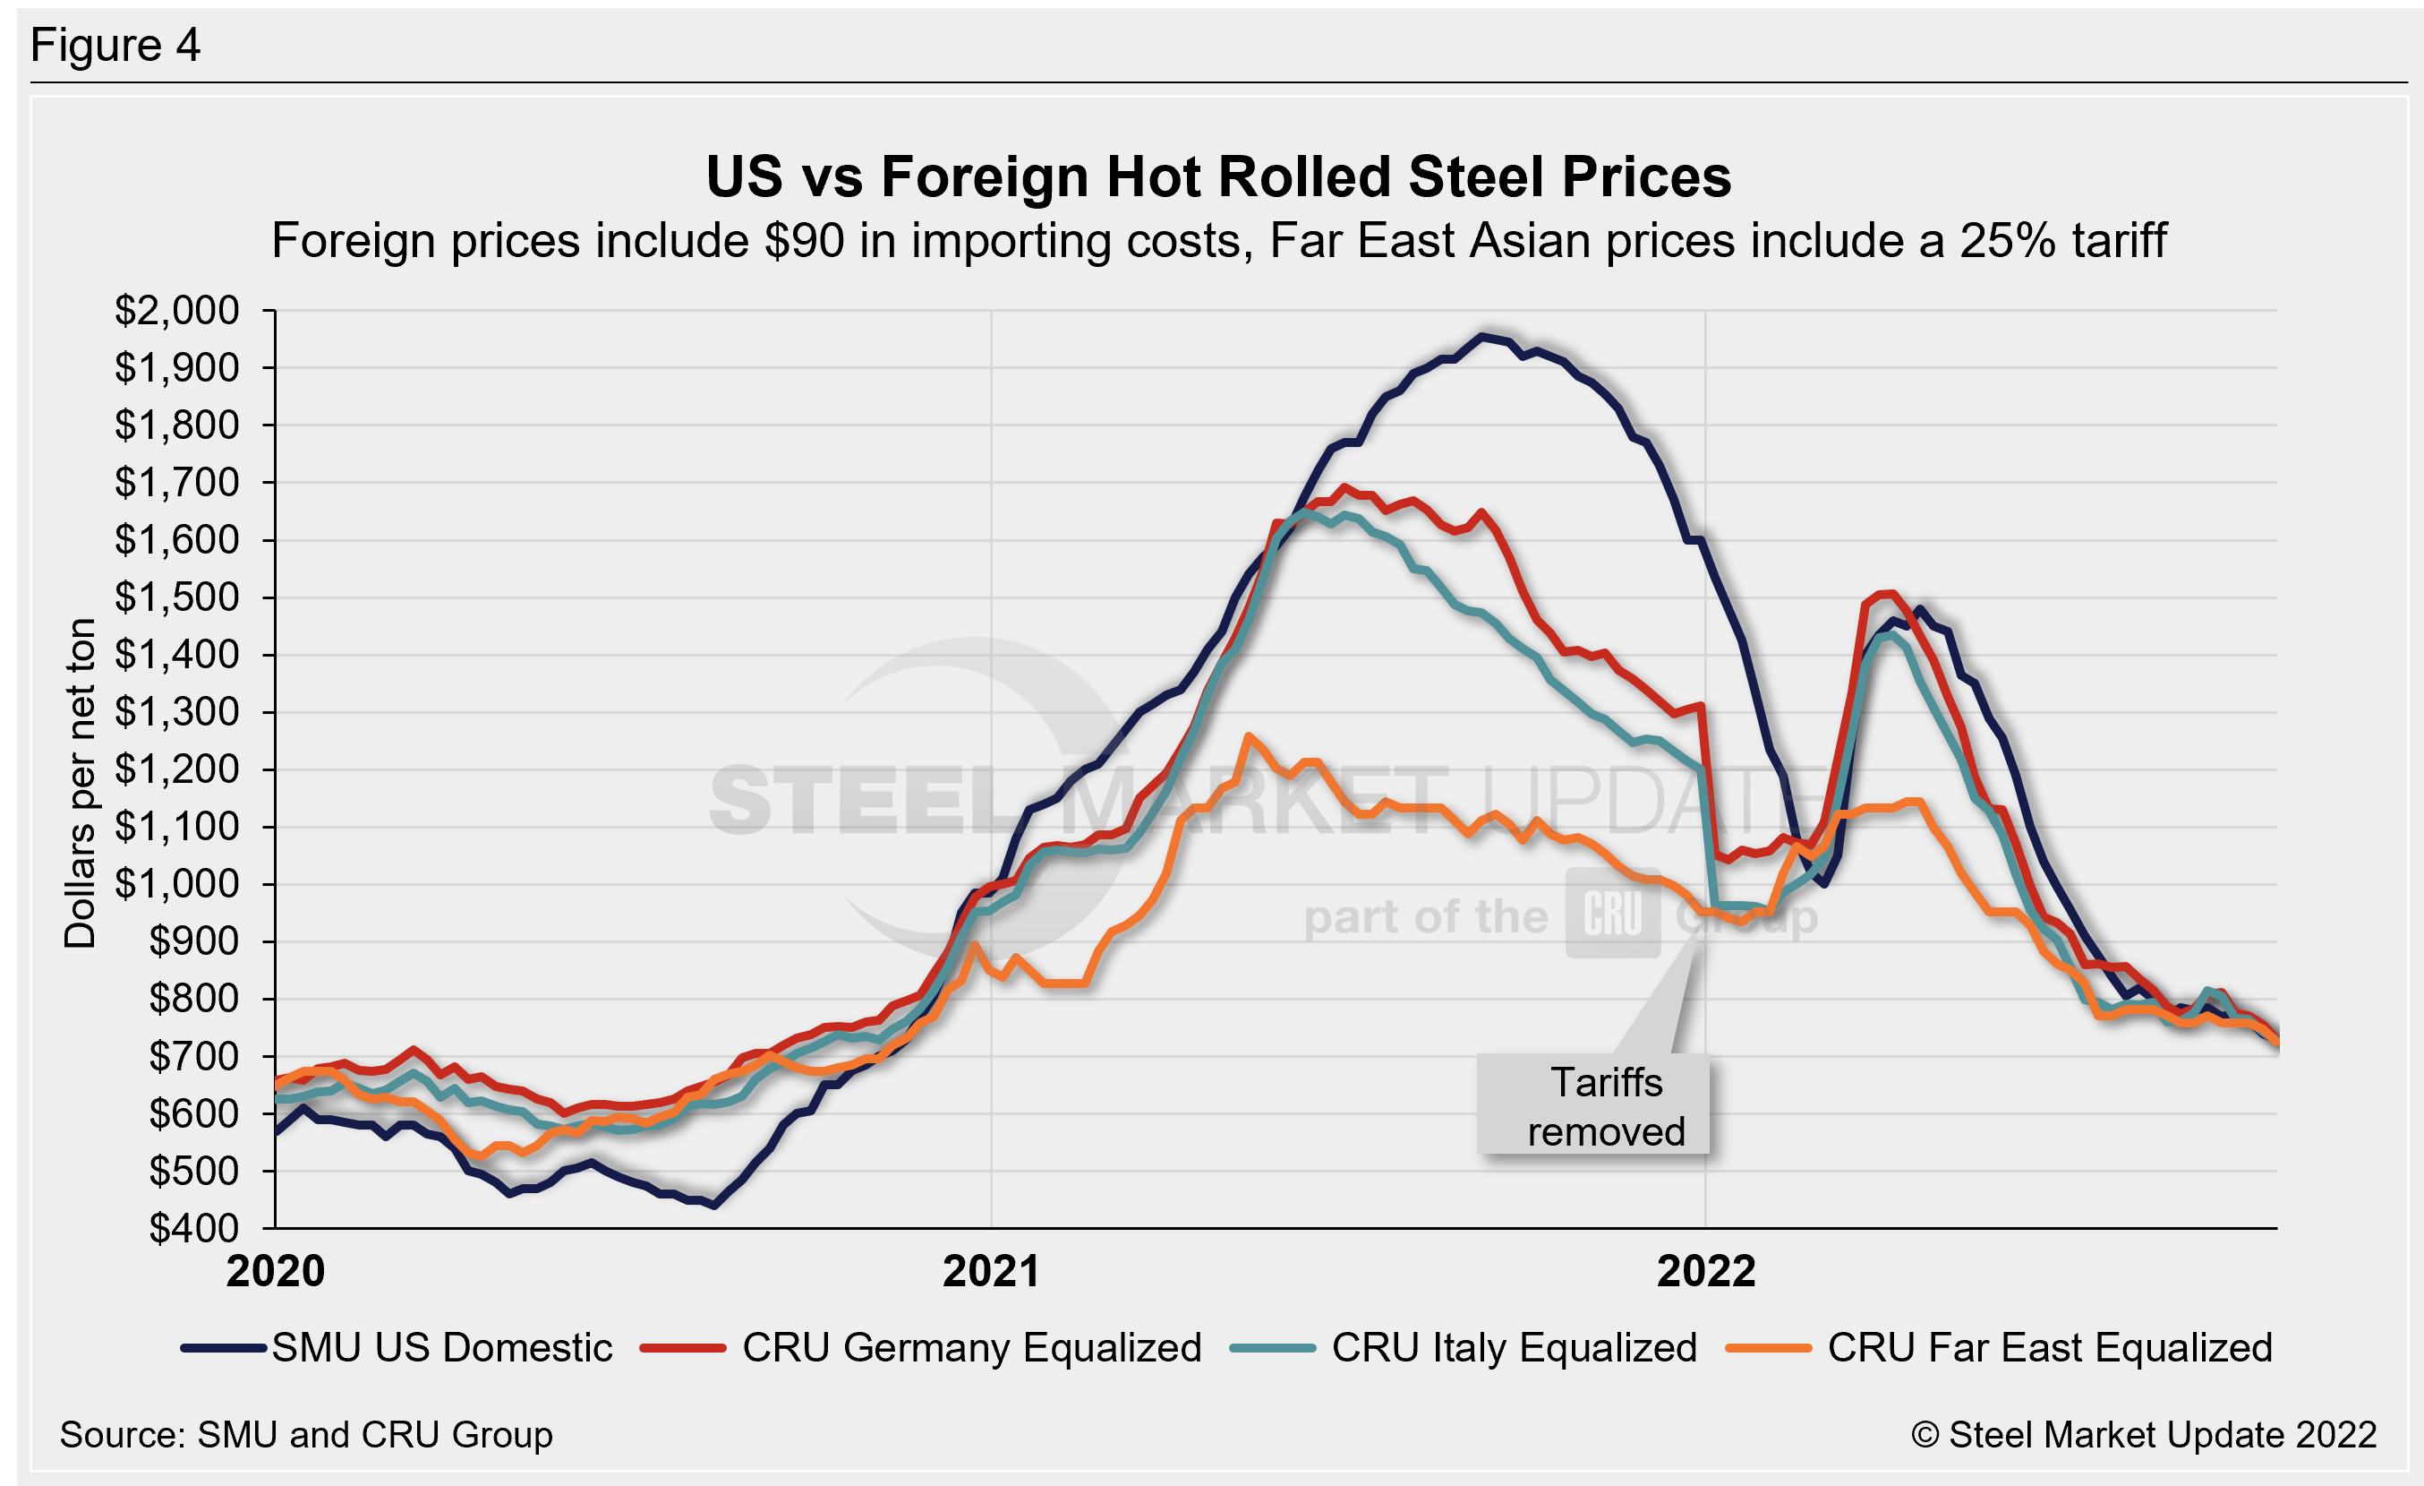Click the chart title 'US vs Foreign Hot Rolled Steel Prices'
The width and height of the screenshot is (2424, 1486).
(x=1218, y=177)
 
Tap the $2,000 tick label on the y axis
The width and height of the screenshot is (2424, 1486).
(x=177, y=310)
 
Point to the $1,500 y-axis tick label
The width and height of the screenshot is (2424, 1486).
(x=177, y=597)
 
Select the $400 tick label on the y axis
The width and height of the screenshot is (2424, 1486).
(x=194, y=1228)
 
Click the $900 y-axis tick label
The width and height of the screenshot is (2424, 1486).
(x=194, y=941)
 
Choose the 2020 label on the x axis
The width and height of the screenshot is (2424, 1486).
(x=276, y=1270)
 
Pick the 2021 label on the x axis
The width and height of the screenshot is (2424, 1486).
(x=991, y=1270)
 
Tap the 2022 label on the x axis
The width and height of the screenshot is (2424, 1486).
(x=1706, y=1270)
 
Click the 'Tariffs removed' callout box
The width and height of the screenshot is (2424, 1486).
(x=1593, y=1105)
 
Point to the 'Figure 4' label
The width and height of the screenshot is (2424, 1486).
(x=115, y=46)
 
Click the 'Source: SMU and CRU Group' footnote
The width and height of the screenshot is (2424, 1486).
(x=306, y=1435)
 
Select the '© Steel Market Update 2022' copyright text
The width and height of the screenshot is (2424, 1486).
(x=2143, y=1435)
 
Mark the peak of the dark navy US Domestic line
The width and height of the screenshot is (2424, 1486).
(x=1482, y=336)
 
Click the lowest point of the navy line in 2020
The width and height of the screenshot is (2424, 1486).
(x=714, y=1206)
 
